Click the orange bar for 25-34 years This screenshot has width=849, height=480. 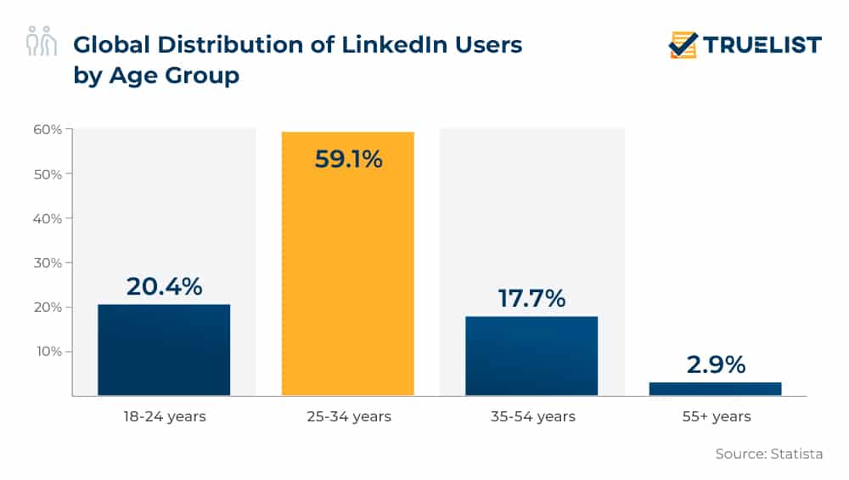tap(347, 263)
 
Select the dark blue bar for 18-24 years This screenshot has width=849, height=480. tap(164, 350)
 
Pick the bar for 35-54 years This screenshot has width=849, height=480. tap(531, 356)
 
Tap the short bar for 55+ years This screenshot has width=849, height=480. tap(715, 389)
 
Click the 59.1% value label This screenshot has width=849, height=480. tap(349, 159)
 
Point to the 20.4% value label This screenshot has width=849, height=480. tap(164, 286)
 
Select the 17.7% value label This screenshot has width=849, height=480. tap(531, 298)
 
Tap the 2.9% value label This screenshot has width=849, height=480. tap(716, 364)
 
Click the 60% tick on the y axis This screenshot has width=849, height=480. tap(48, 129)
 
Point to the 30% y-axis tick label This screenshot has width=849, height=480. tap(48, 263)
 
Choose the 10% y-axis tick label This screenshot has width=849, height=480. tap(48, 351)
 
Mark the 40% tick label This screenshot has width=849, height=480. tap(48, 218)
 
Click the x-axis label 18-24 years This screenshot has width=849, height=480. tap(165, 416)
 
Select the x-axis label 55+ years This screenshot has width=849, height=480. tap(717, 416)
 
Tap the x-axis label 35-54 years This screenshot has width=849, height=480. tap(533, 416)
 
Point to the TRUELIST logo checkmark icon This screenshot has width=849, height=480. tap(683, 45)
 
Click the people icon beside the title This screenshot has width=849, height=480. tap(41, 41)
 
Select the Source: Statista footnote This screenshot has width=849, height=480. tap(769, 454)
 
